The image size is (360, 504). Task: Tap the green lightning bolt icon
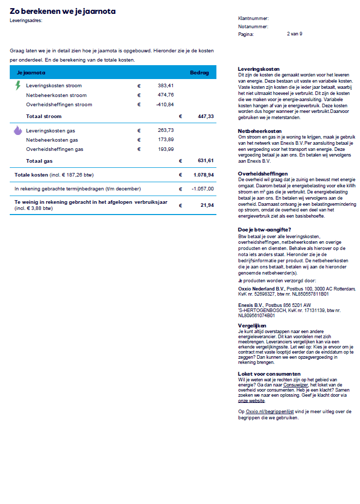[18, 85]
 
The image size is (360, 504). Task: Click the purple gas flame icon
[18, 130]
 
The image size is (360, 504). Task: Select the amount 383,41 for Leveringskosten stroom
[166, 86]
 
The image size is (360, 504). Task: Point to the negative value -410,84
[165, 105]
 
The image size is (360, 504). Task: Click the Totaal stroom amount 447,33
[206, 117]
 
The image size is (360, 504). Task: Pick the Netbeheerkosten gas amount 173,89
[166, 140]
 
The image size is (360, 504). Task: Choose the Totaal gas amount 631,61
[206, 161]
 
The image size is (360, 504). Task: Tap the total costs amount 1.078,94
[204, 175]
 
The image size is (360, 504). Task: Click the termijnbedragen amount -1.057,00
[203, 189]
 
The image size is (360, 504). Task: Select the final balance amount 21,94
[207, 205]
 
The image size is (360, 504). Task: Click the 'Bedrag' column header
[199, 72]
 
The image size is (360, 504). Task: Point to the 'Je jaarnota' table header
[31, 72]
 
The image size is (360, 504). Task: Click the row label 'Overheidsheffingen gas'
[54, 149]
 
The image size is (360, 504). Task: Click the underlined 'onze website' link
[251, 400]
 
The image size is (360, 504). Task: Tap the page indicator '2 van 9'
[294, 34]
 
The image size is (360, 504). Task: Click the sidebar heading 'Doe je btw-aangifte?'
[265, 229]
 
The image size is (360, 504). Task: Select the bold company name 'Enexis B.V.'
[251, 305]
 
